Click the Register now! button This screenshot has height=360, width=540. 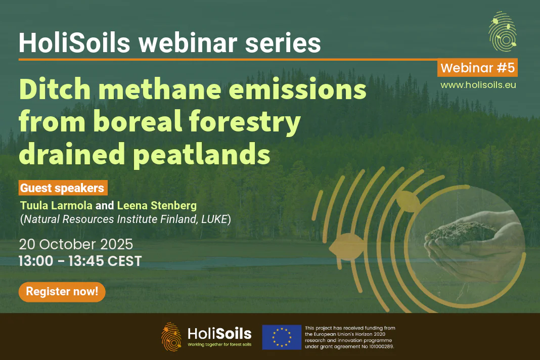[x=62, y=292]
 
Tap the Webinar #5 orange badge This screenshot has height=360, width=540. [x=477, y=68]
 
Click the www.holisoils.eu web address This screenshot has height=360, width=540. [x=478, y=85]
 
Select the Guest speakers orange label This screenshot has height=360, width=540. [x=63, y=188]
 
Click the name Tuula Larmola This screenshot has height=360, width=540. [x=56, y=206]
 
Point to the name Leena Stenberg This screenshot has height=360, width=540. [x=157, y=206]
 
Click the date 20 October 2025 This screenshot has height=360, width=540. [x=76, y=244]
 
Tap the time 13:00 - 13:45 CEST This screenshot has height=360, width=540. [x=80, y=261]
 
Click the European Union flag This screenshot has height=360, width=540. [x=282, y=337]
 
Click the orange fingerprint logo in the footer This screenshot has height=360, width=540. [x=171, y=337]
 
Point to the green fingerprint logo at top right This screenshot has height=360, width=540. [x=503, y=31]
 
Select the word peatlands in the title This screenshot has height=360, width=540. [x=201, y=155]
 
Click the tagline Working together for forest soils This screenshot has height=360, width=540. [x=219, y=344]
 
